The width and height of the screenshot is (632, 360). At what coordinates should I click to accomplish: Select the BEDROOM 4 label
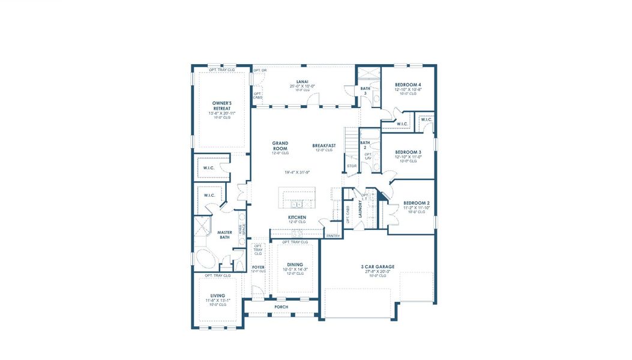(x=408, y=85)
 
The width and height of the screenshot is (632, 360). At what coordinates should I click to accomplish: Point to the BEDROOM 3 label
(x=408, y=152)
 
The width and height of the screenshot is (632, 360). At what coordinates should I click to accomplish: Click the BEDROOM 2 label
(x=416, y=203)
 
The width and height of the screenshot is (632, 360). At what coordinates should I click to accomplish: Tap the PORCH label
(x=281, y=307)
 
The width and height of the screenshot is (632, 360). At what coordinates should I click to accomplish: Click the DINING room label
(x=295, y=265)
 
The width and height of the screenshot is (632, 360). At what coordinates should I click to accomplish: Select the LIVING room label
(x=217, y=295)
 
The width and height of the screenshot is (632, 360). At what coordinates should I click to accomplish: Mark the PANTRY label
(x=333, y=236)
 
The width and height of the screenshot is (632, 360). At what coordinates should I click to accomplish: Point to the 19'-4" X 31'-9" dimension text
(x=297, y=172)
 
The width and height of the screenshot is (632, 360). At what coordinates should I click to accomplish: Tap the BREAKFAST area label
(x=324, y=145)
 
